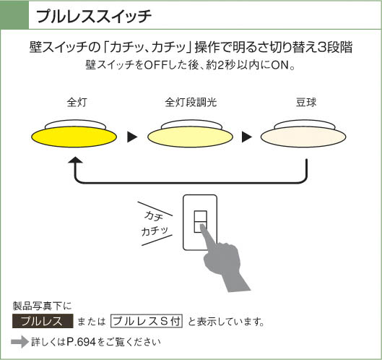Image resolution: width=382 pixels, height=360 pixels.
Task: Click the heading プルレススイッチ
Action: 94,16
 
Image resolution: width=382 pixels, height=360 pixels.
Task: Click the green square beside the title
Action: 14,15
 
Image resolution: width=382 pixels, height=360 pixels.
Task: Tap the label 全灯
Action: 77,102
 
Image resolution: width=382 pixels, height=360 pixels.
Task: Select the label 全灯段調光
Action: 191,102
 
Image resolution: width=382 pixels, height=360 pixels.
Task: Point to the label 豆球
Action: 306,102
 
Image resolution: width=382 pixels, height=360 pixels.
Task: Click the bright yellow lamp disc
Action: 74,137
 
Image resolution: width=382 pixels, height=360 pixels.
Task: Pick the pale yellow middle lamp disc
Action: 190,137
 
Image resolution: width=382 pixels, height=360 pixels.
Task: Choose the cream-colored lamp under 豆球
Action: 303,137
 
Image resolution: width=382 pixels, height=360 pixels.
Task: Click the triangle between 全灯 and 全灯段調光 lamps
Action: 132,137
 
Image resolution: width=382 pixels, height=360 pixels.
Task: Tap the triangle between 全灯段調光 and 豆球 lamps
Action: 247,137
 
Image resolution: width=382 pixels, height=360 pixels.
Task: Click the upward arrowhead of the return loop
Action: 76,160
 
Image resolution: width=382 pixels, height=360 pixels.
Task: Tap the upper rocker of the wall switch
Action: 201,216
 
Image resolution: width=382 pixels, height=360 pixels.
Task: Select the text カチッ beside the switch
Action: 155,231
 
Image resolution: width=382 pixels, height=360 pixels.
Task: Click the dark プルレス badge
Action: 43,321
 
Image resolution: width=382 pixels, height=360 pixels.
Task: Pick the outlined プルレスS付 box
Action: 147,321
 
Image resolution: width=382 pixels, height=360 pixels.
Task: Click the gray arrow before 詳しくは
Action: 20,342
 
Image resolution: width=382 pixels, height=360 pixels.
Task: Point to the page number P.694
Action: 81,342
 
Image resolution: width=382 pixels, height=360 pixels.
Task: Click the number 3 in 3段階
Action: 322,47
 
